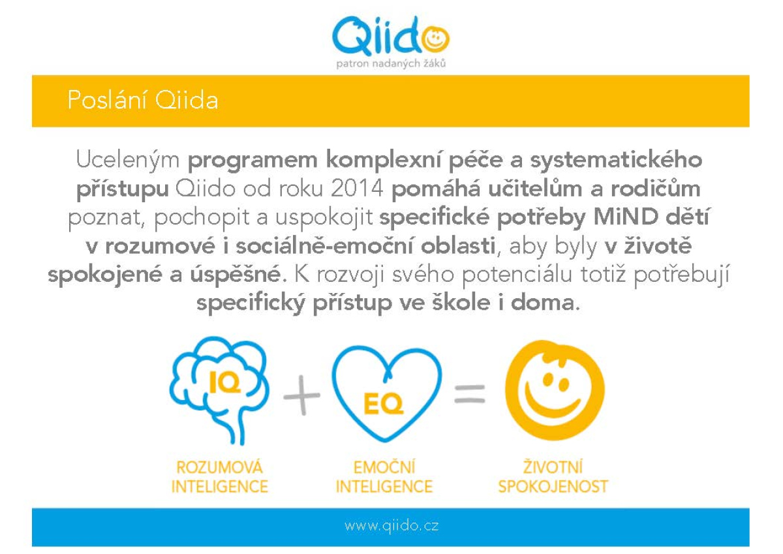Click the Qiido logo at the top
pyautogui.click(x=390, y=37)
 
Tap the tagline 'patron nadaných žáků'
pyautogui.click(x=391, y=63)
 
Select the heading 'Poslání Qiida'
pyautogui.click(x=143, y=100)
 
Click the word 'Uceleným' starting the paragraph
pyautogui.click(x=128, y=160)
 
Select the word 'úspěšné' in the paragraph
pyautogui.click(x=236, y=273)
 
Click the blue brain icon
pyautogui.click(x=219, y=390)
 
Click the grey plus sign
pyautogui.click(x=301, y=395)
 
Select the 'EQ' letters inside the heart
pyautogui.click(x=384, y=404)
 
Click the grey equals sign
pyautogui.click(x=470, y=394)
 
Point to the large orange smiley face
pyautogui.click(x=555, y=390)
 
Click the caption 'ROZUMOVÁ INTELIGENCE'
pyautogui.click(x=219, y=477)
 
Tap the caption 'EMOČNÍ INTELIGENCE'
pyautogui.click(x=384, y=477)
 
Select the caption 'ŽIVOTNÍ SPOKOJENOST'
pyautogui.click(x=553, y=476)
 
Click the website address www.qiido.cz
pyautogui.click(x=391, y=526)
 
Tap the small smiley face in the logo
pyautogui.click(x=436, y=38)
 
